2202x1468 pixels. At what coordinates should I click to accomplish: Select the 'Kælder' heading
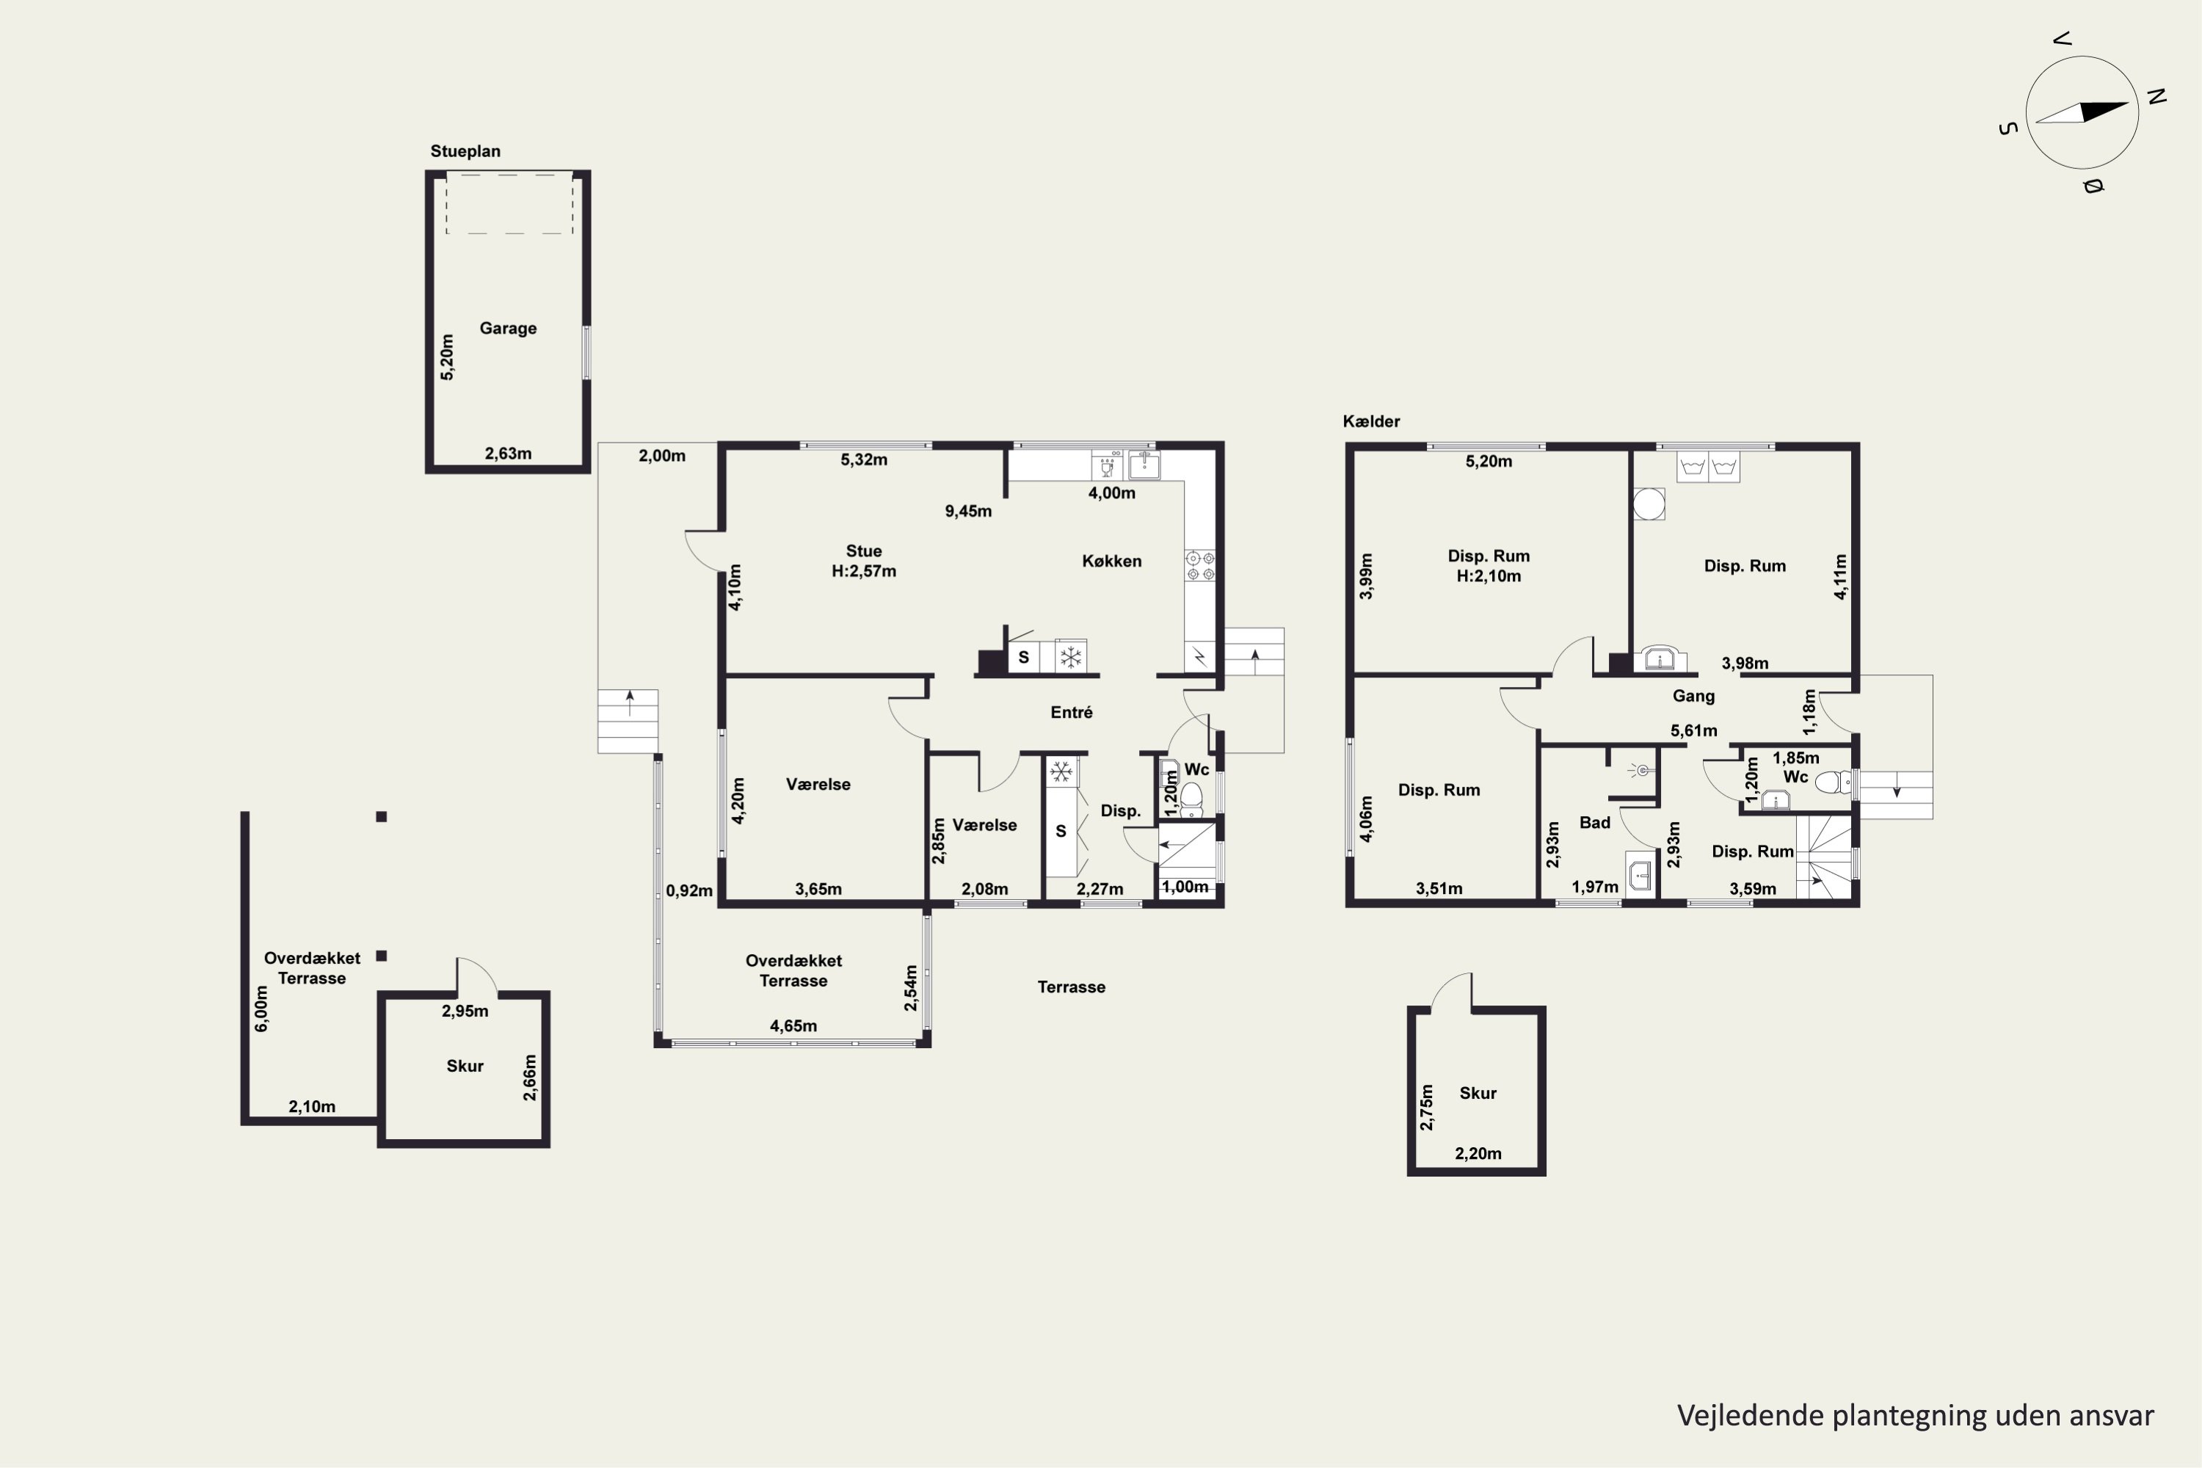[1372, 421]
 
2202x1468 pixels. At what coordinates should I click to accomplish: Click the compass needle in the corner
[2082, 112]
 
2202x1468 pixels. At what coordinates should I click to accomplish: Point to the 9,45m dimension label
[968, 511]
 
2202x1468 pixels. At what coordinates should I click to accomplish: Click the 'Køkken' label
[1111, 561]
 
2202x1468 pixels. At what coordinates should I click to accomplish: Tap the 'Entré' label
[1071, 713]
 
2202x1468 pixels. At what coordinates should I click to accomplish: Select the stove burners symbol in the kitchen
[1200, 565]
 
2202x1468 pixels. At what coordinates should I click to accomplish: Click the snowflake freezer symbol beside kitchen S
[1071, 656]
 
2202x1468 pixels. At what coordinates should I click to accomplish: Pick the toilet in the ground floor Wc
[1191, 799]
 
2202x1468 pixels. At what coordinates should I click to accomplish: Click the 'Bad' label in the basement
[1594, 823]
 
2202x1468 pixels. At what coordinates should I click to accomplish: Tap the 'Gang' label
[1693, 696]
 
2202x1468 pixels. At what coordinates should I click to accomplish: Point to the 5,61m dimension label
[1693, 730]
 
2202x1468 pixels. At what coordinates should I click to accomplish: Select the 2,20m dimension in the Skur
[1478, 1153]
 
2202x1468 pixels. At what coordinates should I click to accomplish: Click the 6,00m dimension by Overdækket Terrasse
[262, 1009]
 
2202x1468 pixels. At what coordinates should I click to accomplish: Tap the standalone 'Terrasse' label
[1071, 986]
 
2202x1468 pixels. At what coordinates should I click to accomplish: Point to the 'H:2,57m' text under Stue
[863, 571]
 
